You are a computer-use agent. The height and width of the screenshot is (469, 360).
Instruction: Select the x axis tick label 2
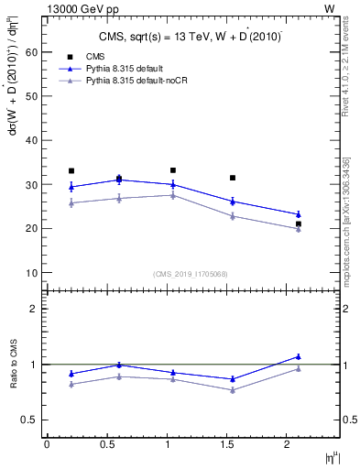point(288,444)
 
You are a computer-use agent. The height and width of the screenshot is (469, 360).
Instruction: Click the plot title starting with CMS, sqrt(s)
point(191,37)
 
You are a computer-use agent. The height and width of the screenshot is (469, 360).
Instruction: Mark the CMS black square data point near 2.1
point(299,224)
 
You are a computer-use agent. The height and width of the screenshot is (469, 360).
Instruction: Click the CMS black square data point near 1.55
point(233,178)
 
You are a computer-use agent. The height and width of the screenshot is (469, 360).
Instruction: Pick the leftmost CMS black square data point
point(71,171)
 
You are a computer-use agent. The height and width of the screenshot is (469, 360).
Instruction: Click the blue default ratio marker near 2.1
point(299,356)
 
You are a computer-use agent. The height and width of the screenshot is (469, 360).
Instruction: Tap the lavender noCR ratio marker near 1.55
point(233,390)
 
